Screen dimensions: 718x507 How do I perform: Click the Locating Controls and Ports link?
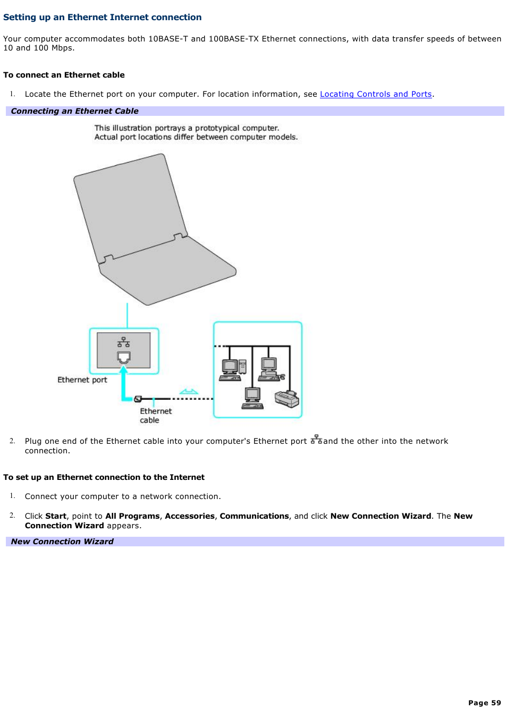click(x=375, y=94)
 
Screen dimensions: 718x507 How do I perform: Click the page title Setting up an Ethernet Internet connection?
click(x=102, y=17)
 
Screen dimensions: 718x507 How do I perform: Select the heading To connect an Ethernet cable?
click(x=64, y=75)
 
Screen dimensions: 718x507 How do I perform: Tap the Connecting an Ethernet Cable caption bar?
click(x=74, y=111)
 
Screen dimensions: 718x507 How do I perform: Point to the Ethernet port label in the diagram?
click(x=82, y=380)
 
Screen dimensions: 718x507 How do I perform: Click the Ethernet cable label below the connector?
click(x=155, y=416)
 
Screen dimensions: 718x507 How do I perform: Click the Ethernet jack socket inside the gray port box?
click(x=124, y=357)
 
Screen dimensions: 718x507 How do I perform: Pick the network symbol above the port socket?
click(x=124, y=342)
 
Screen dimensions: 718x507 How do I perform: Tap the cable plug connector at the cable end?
click(x=138, y=399)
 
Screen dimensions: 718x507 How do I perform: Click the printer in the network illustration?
click(x=287, y=398)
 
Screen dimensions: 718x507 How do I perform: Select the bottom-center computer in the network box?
click(x=252, y=398)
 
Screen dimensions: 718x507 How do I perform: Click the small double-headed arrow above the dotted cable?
click(x=189, y=392)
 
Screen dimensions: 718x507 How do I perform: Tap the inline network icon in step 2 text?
click(x=316, y=440)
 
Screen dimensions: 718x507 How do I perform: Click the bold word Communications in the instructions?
click(x=254, y=516)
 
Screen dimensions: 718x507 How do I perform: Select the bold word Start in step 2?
click(x=56, y=516)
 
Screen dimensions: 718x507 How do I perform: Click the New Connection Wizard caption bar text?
click(x=62, y=542)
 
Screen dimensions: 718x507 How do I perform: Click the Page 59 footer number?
click(x=484, y=703)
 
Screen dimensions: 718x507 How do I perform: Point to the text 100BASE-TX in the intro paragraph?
click(x=233, y=39)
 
